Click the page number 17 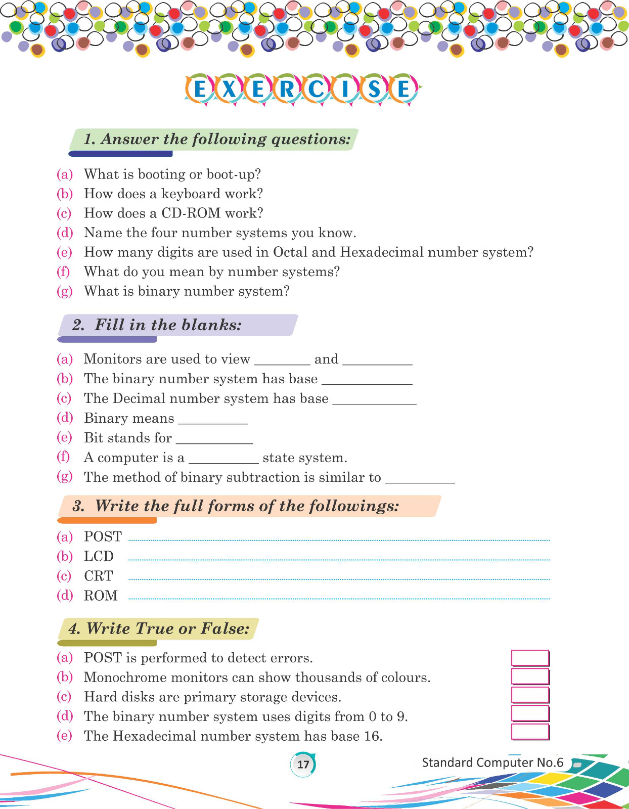click(x=303, y=764)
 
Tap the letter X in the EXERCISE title click(x=229, y=89)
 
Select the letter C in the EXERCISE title click(x=317, y=89)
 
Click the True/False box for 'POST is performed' click(x=530, y=658)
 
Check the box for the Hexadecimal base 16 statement click(x=530, y=732)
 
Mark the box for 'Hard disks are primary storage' click(x=530, y=695)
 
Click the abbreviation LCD click(x=99, y=556)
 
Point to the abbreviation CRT click(x=99, y=576)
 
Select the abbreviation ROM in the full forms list click(x=101, y=596)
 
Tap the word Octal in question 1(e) click(x=290, y=252)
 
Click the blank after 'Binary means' click(x=213, y=420)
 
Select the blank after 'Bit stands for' click(x=214, y=439)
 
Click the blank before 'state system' click(x=223, y=459)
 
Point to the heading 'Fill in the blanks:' click(x=168, y=325)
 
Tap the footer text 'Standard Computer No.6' click(x=492, y=762)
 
